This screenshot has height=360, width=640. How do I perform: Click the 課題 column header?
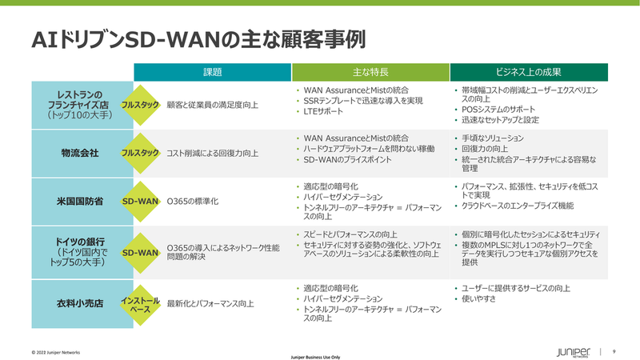(212, 72)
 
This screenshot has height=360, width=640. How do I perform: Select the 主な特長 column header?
(370, 72)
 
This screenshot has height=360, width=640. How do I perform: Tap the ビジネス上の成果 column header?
(529, 72)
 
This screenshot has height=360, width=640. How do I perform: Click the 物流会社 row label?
(80, 153)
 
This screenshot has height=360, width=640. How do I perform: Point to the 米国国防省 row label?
(80, 202)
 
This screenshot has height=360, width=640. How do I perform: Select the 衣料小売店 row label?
(80, 304)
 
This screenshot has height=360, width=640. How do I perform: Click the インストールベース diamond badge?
(141, 305)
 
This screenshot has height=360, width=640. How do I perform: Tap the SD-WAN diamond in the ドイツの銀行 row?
(141, 253)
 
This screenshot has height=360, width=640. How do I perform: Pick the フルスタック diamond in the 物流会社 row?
(141, 153)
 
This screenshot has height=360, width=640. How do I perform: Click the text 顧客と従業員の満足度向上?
(212, 105)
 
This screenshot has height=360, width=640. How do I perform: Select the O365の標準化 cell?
(193, 202)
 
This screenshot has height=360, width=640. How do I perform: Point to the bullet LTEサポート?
(323, 111)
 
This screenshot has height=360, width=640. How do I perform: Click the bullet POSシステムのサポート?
(498, 110)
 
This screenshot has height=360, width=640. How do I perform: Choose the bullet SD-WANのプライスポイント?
(347, 159)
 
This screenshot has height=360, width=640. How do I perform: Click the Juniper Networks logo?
(573, 353)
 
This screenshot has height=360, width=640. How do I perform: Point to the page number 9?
(614, 351)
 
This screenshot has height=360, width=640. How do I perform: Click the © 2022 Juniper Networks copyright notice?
(56, 352)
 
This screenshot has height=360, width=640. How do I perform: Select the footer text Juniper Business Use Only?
(315, 357)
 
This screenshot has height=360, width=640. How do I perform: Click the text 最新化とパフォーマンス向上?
(210, 304)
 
